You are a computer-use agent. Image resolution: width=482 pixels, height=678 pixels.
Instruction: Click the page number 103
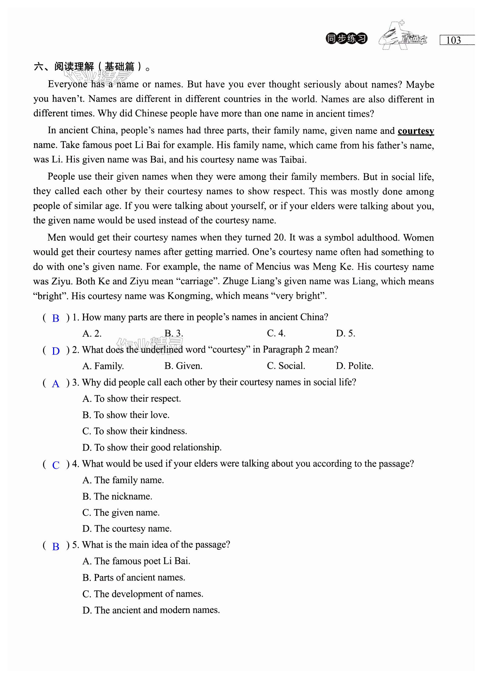(x=453, y=40)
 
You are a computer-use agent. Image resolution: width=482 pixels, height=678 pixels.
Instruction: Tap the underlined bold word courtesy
(x=415, y=131)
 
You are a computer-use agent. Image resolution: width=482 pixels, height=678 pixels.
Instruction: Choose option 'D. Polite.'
(x=354, y=366)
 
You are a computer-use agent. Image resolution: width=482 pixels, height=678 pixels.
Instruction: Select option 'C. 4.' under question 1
(x=276, y=333)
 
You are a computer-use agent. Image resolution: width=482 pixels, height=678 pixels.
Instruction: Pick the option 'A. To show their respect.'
(x=132, y=398)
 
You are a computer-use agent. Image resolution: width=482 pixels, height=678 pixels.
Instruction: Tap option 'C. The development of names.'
(x=143, y=594)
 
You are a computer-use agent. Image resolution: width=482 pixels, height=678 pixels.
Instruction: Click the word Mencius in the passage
(x=273, y=267)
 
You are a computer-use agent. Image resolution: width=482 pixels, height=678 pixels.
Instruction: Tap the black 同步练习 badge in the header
(x=346, y=39)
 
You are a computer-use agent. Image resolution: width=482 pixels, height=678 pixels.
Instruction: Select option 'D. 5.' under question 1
(x=345, y=333)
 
